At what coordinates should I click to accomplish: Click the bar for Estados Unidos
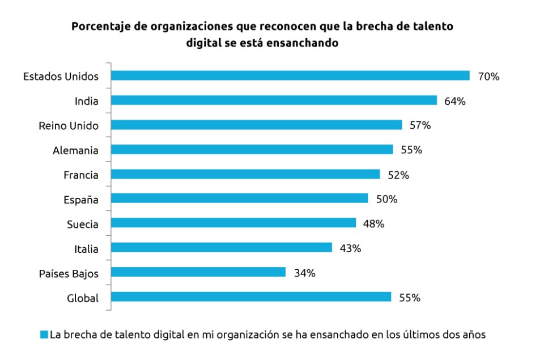click(290, 75)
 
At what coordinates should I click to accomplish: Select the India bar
click(274, 100)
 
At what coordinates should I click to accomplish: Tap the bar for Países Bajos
click(198, 272)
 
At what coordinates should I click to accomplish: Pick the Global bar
click(251, 297)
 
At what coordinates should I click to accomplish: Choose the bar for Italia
click(222, 248)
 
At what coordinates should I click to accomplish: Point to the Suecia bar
click(233, 223)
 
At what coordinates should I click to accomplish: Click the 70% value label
click(488, 76)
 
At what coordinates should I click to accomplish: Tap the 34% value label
click(304, 273)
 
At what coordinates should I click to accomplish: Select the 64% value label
click(455, 101)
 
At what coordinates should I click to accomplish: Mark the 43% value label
click(350, 248)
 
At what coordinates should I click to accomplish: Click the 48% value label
click(373, 223)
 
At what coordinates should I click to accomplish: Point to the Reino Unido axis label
click(69, 125)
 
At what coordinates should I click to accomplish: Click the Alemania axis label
click(75, 150)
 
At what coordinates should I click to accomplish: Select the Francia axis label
click(80, 175)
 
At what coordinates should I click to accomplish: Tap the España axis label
click(80, 200)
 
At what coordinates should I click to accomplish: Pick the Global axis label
click(83, 298)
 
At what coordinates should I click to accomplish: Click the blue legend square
click(44, 334)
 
